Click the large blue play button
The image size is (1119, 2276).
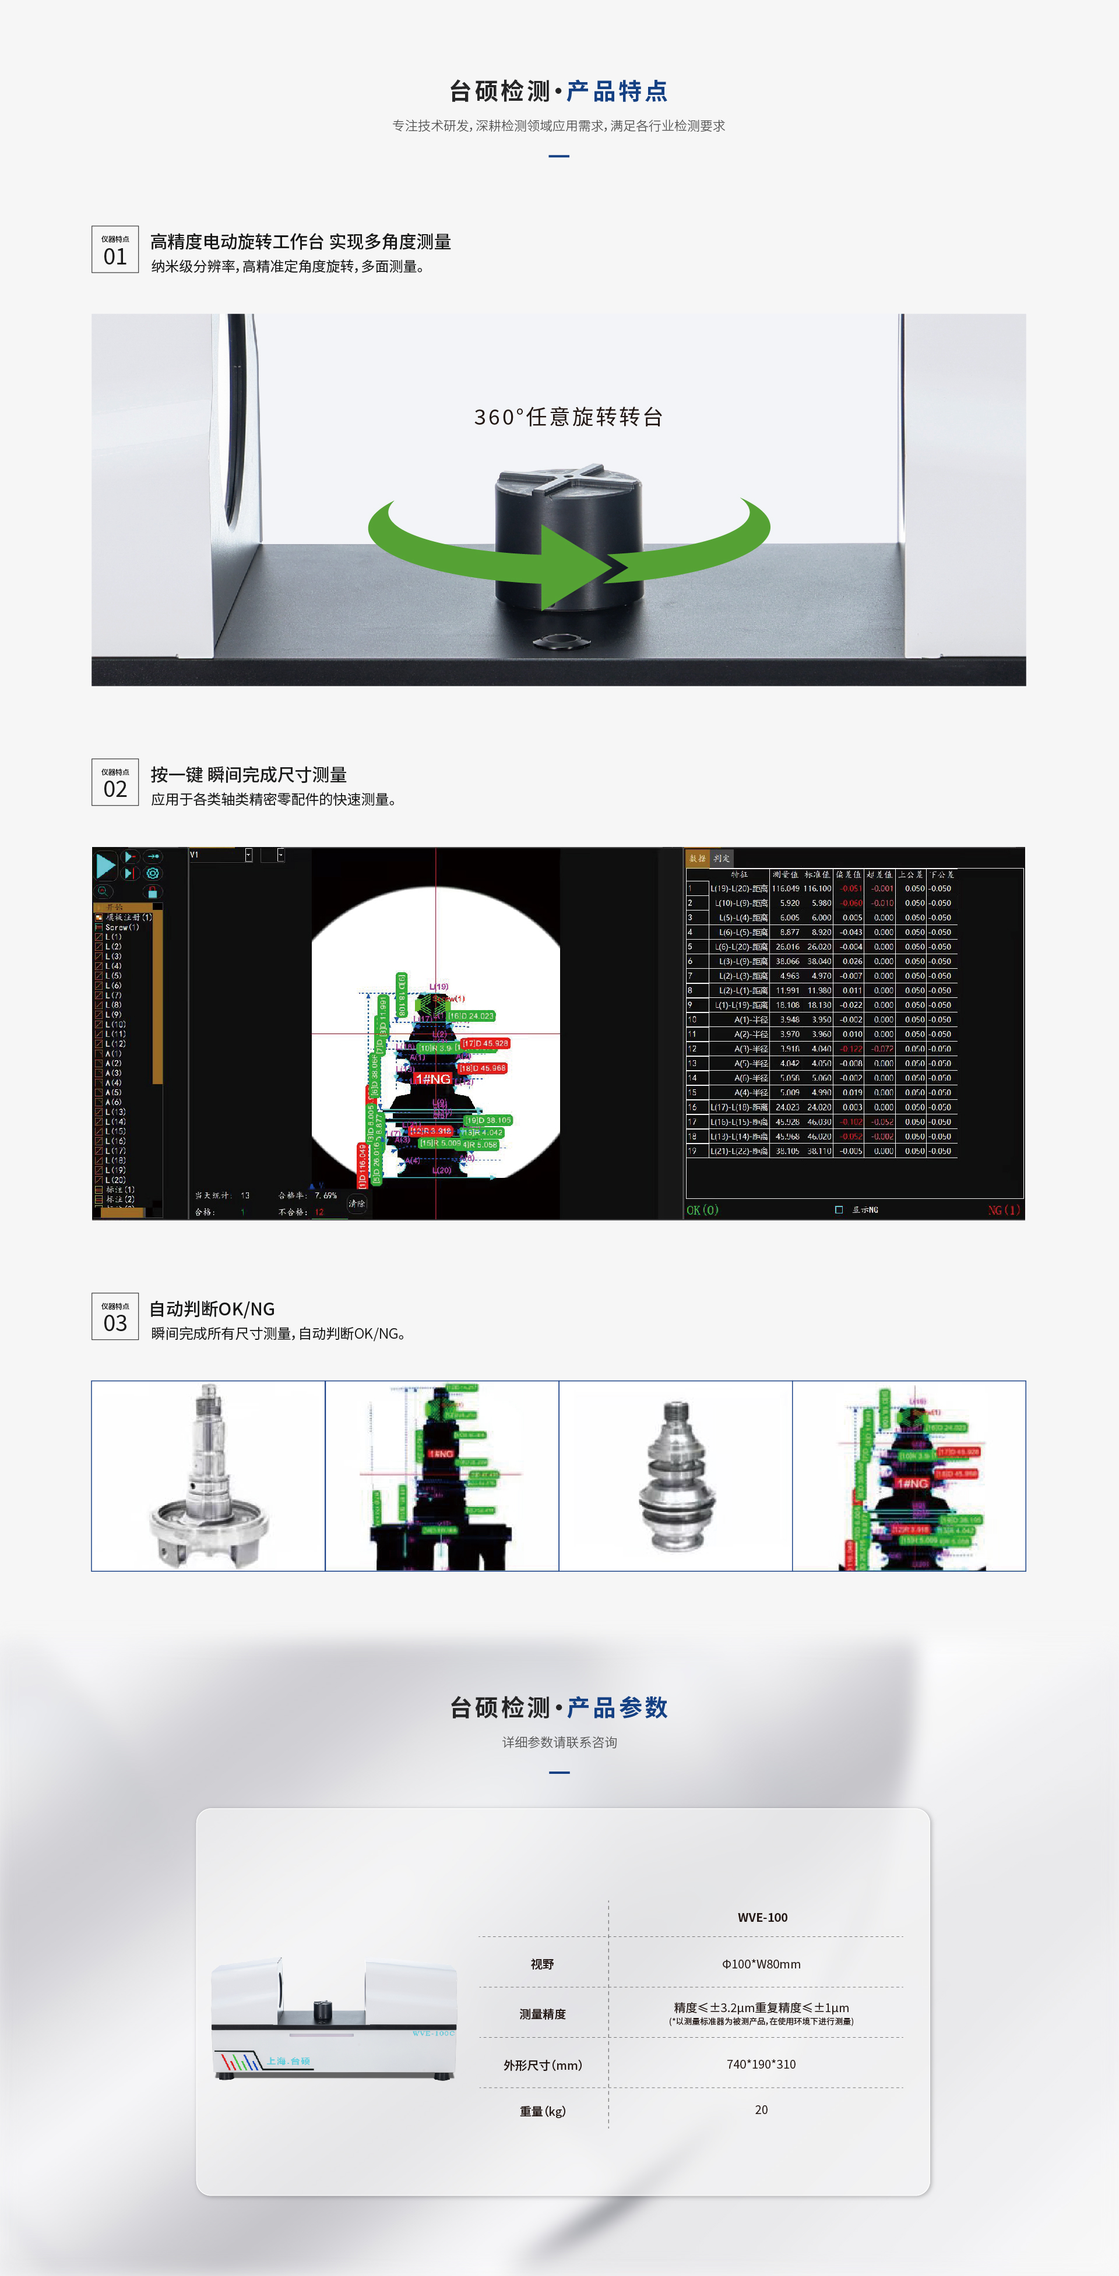[x=105, y=865]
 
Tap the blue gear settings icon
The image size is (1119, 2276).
[x=153, y=873]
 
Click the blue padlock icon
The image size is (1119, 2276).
[x=152, y=892]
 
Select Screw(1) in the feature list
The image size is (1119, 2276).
[x=122, y=927]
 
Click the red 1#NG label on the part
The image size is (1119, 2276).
[x=432, y=1079]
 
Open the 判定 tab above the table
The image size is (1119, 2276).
[x=722, y=858]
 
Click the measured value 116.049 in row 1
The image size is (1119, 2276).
[x=785, y=889]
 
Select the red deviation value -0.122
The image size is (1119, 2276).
[x=850, y=1049]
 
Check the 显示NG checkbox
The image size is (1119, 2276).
[x=839, y=1209]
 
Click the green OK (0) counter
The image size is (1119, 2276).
[x=703, y=1209]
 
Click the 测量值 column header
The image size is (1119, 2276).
[x=785, y=874]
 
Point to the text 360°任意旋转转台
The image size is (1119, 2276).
[x=568, y=417]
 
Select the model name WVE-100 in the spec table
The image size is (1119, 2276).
[x=762, y=1917]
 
